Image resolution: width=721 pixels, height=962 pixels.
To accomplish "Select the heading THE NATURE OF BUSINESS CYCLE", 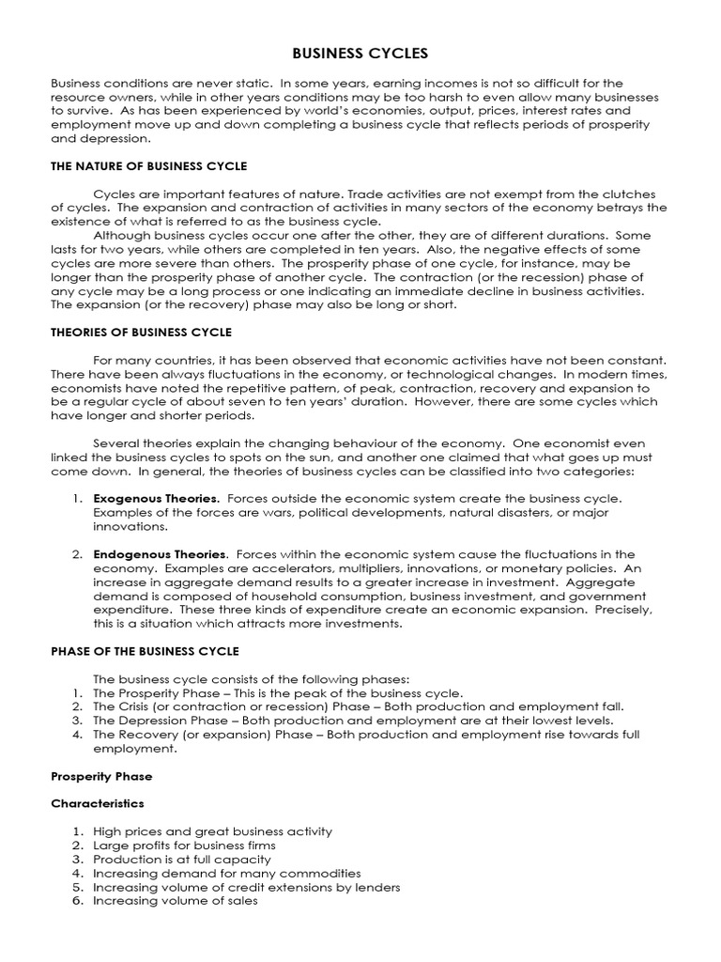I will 148,166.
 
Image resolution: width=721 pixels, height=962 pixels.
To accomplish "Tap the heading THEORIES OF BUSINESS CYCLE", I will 141,333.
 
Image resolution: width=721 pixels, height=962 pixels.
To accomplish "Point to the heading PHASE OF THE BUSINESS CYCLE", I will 145,651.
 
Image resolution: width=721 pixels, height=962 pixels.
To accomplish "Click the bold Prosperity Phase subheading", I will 101,777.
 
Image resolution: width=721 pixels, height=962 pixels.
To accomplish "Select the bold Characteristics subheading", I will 98,804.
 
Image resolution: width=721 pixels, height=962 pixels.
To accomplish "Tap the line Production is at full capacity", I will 181,859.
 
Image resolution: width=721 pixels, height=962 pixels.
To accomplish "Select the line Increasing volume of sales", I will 175,901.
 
